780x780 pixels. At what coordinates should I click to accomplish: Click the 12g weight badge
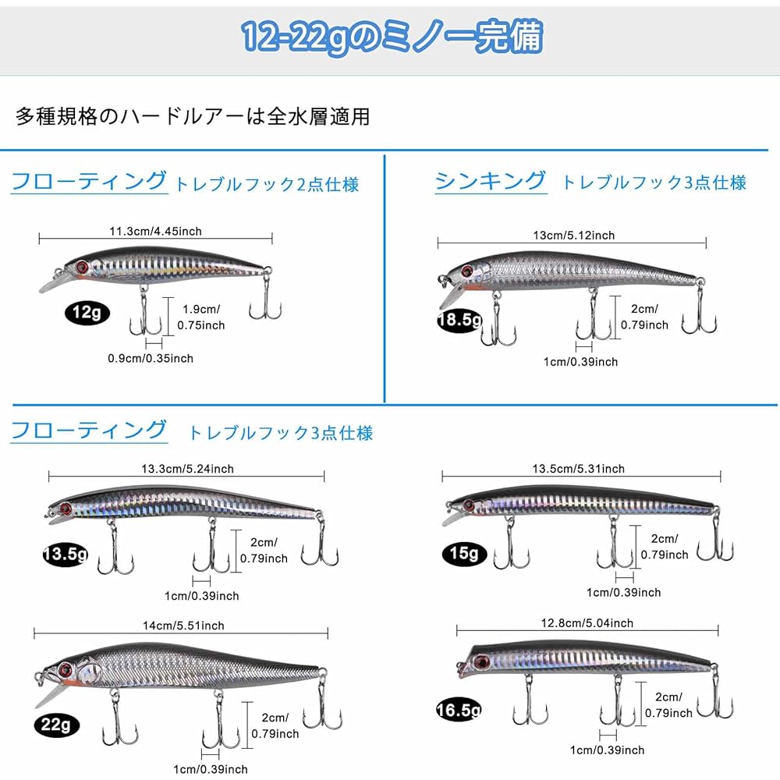click(x=87, y=313)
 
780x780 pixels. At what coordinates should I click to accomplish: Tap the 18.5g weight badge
click(x=460, y=320)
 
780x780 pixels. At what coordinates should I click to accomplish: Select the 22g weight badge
click(x=56, y=725)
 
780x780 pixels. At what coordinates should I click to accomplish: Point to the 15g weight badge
click(x=464, y=553)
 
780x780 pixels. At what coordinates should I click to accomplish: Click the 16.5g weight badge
click(x=459, y=710)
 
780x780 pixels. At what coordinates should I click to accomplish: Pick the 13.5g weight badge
click(x=66, y=554)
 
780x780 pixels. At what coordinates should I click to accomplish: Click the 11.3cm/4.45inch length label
click(x=156, y=232)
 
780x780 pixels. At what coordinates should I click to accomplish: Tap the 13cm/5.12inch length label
click(x=573, y=236)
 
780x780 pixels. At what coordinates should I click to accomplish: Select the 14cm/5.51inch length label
click(x=183, y=626)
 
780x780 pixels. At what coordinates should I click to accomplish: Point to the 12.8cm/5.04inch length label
click(x=587, y=623)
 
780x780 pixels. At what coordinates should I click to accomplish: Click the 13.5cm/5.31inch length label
click(x=578, y=469)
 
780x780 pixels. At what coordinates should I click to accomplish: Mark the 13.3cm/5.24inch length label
click(x=187, y=469)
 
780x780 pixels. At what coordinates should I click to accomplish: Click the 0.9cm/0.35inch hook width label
click(x=151, y=358)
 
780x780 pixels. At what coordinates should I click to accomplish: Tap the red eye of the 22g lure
click(x=66, y=670)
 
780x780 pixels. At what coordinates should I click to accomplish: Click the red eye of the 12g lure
click(x=82, y=268)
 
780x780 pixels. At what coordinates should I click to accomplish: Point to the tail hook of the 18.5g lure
click(x=700, y=308)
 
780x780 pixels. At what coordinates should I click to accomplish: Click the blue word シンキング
click(x=491, y=181)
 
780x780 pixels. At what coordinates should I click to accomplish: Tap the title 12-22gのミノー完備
click(x=392, y=37)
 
